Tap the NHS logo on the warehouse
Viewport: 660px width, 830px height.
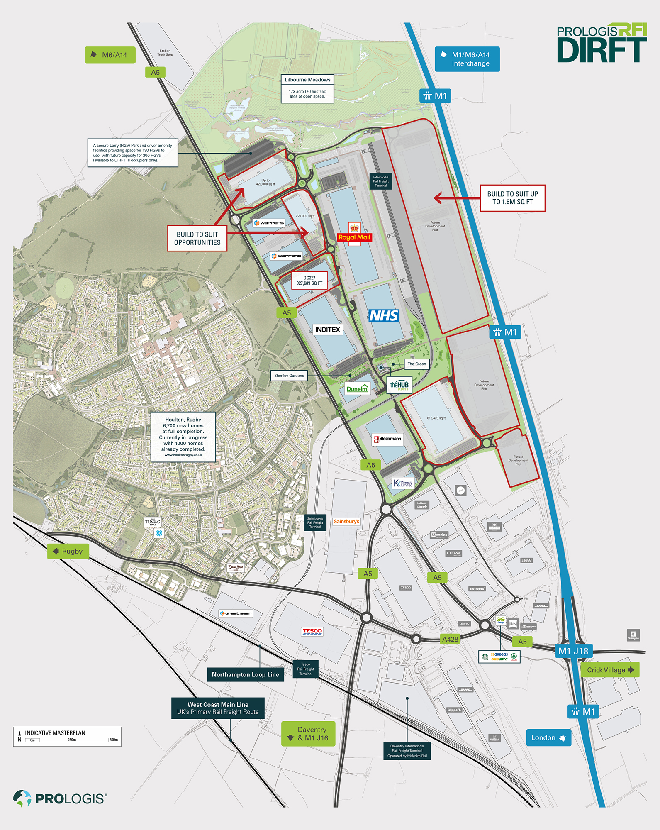pos(384,316)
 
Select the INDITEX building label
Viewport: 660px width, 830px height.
pos(328,330)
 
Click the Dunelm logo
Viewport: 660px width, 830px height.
pos(357,389)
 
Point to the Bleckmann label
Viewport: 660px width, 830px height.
pos(387,439)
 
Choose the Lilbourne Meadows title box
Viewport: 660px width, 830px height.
pos(307,80)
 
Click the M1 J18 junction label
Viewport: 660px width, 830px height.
pos(573,651)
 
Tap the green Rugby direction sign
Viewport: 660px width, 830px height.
pos(68,551)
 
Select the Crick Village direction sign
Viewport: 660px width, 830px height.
pos(610,670)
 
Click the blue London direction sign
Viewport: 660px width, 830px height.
pos(548,737)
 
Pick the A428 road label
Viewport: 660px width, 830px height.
pos(450,639)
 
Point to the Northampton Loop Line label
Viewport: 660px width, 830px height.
pos(245,674)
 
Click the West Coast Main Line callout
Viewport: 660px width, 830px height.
pos(218,708)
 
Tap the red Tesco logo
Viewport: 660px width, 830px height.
pos(312,631)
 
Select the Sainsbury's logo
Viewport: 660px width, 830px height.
pos(346,522)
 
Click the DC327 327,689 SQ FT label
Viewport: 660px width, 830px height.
pos(309,281)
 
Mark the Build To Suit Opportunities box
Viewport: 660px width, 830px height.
pos(197,239)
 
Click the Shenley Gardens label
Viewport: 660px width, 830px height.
pos(289,376)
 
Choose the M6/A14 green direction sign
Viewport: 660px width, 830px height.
pos(110,55)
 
